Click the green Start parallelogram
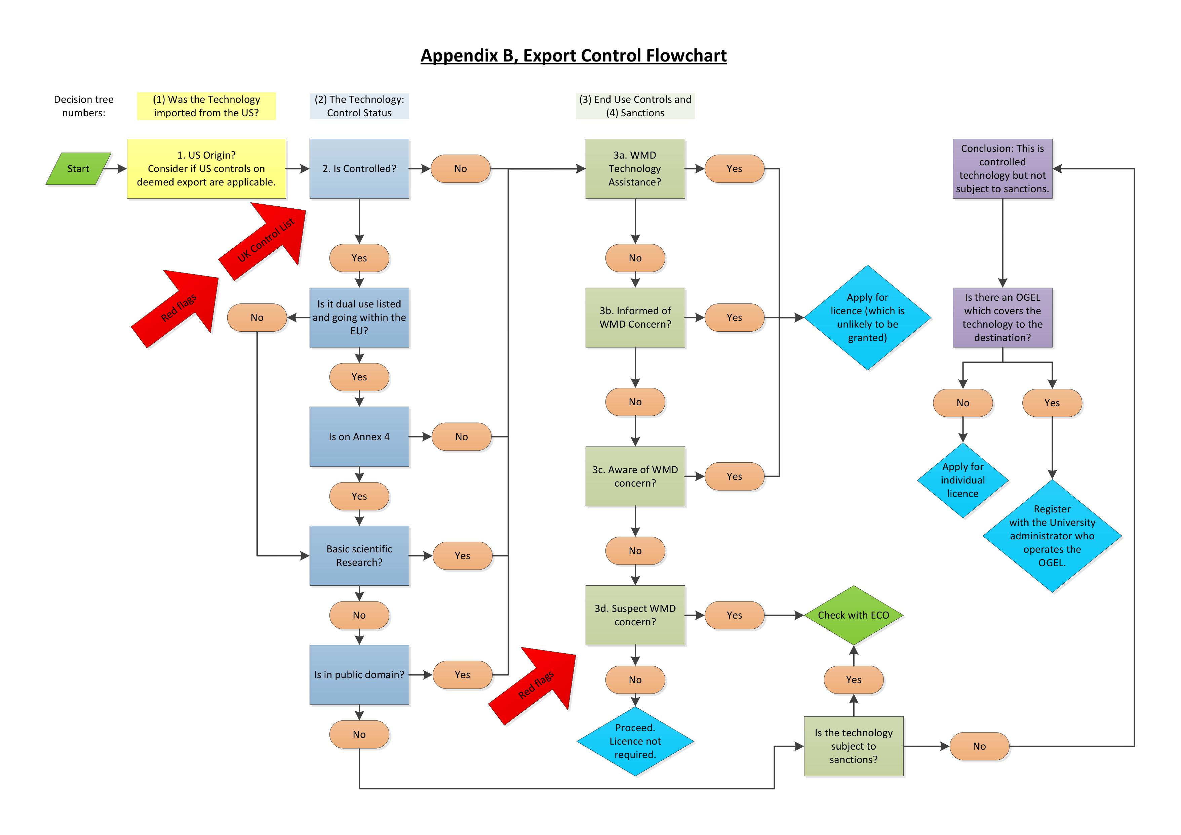(x=78, y=169)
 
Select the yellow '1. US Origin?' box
(x=206, y=169)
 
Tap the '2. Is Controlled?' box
(x=359, y=169)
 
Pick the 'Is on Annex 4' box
(x=359, y=436)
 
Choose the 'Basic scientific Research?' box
(x=359, y=555)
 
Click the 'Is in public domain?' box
(x=359, y=675)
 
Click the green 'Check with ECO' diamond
(x=853, y=615)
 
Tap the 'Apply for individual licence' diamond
(x=962, y=480)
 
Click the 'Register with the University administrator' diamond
(x=1052, y=536)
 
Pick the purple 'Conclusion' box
(x=1002, y=169)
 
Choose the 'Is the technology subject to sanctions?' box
(x=853, y=746)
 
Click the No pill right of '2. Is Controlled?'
(x=460, y=169)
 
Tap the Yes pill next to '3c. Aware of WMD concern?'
(x=734, y=476)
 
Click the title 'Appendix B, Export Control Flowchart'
(x=574, y=55)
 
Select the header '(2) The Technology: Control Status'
(x=359, y=106)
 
